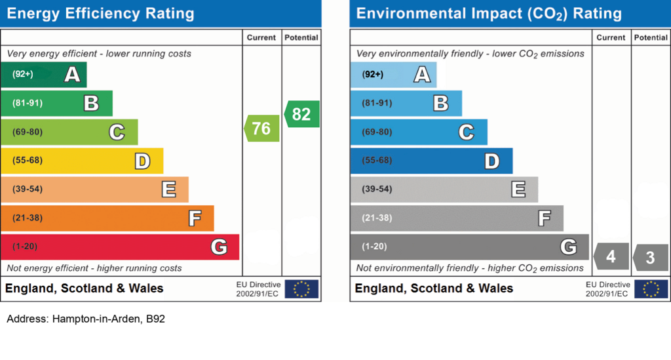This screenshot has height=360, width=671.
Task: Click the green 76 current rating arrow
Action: pos(262,129)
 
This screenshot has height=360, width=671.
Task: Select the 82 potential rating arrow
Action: pos(301,114)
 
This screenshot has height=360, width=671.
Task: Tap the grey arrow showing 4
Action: pos(611,256)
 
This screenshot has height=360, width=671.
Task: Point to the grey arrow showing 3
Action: pos(651,257)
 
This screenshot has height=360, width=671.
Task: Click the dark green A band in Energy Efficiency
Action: pos(44,75)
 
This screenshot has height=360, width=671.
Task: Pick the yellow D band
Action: pos(82,161)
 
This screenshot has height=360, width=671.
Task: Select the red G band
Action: pos(120,247)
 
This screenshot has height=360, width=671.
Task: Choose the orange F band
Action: pos(107,218)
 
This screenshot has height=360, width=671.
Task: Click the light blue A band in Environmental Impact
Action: pos(393,75)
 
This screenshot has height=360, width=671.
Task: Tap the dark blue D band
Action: pos(431,161)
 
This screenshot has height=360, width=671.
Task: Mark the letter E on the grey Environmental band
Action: pos(518,189)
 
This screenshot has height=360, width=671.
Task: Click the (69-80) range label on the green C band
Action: pos(28,132)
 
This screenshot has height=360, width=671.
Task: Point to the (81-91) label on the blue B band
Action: pos(377,103)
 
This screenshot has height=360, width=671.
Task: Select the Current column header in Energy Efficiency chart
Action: pos(261,37)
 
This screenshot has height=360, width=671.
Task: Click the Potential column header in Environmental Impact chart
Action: pos(651,37)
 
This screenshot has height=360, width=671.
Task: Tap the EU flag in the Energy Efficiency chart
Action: pos(301,289)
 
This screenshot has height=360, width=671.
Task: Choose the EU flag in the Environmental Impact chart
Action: pos(651,289)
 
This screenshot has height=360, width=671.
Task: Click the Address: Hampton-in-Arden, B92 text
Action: pos(86,319)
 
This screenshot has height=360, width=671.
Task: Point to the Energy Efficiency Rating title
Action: pos(100,14)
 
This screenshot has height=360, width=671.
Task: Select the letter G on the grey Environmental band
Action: pos(569,247)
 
